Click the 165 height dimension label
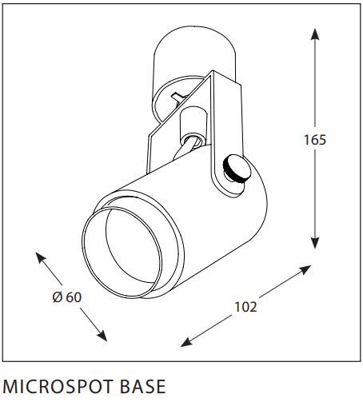pyautogui.click(x=315, y=140)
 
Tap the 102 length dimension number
pyautogui.click(x=245, y=307)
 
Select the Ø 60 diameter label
pyautogui.click(x=67, y=297)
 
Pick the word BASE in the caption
pyautogui.click(x=143, y=386)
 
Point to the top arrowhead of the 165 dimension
pyautogui.click(x=315, y=34)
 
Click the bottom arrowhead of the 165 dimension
pyautogui.click(x=315, y=243)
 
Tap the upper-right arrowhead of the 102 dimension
pyautogui.click(x=305, y=269)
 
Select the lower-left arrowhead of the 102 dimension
pyautogui.click(x=186, y=342)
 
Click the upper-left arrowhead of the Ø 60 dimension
pyautogui.click(x=40, y=257)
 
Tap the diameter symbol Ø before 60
pyautogui.click(x=58, y=297)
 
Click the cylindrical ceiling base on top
pyautogui.click(x=194, y=54)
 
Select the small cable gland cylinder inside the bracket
pyautogui.click(x=193, y=125)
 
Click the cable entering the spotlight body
pyautogui.click(x=181, y=149)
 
